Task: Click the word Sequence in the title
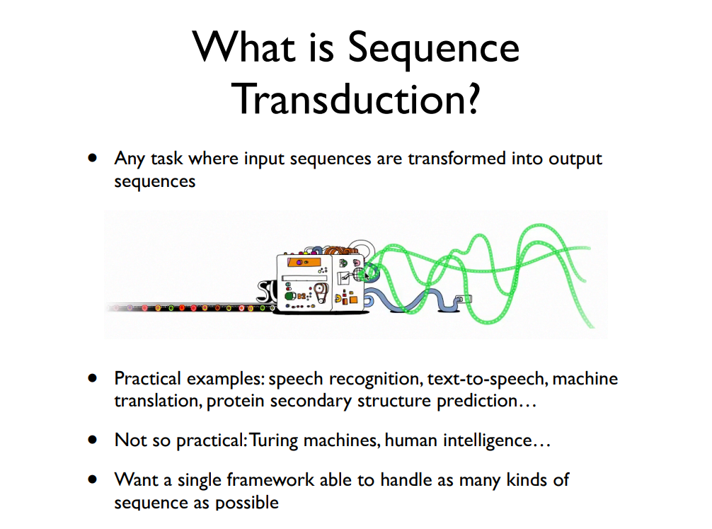(433, 49)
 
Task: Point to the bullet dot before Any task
(92, 158)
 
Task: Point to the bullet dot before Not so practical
(92, 440)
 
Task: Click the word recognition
(380, 379)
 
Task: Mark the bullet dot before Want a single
(92, 480)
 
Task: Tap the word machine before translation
(585, 379)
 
